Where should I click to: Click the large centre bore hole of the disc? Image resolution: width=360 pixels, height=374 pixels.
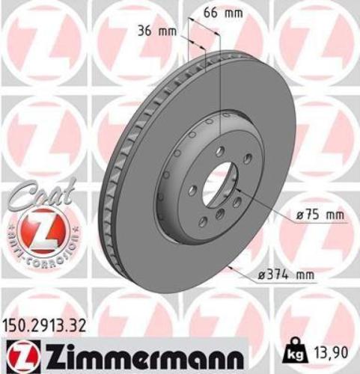(x=218, y=183)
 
